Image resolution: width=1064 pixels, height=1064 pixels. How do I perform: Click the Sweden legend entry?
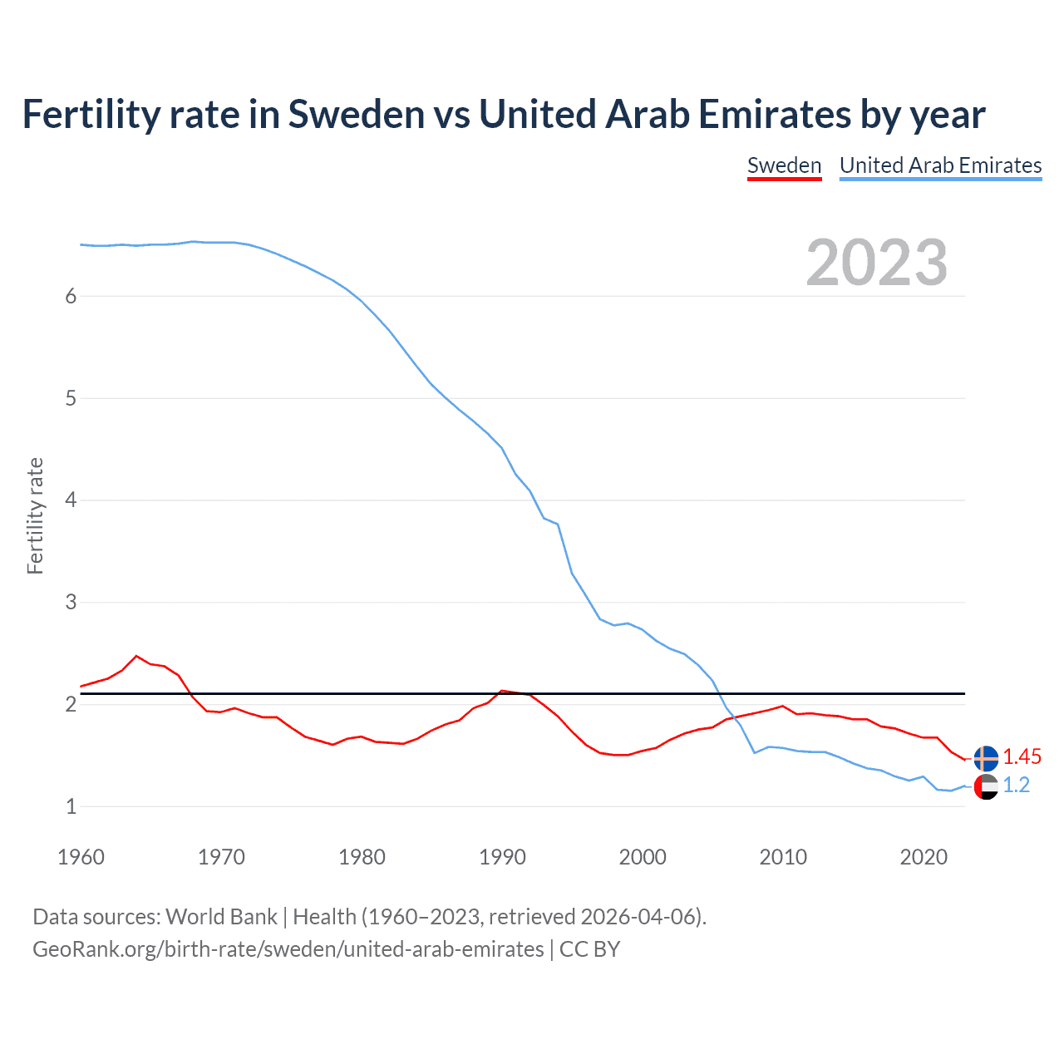point(784,165)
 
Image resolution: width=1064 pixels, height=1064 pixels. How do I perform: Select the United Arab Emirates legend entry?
point(940,165)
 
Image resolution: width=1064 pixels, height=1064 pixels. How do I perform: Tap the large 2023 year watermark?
point(877,263)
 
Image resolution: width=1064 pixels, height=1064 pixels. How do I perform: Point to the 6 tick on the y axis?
point(71,296)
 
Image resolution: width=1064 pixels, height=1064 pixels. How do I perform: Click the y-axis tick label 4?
point(71,500)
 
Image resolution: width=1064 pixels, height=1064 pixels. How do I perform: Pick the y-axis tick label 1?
point(71,806)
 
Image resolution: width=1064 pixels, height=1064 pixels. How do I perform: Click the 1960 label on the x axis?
point(81,857)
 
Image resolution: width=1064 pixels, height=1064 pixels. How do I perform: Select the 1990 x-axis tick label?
point(502,857)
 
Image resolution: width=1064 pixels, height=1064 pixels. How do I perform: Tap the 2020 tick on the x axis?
point(924,857)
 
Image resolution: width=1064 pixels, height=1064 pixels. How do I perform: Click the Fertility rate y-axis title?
point(35,515)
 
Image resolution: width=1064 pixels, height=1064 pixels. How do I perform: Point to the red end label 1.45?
point(1022,756)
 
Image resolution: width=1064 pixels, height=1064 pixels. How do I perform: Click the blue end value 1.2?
point(1016,785)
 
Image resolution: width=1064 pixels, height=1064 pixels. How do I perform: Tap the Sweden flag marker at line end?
point(986,758)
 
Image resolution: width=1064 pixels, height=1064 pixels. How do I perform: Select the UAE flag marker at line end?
point(986,786)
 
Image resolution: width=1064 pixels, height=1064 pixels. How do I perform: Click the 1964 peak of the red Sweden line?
point(137,656)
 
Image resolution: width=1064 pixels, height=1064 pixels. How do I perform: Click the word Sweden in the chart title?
point(357,114)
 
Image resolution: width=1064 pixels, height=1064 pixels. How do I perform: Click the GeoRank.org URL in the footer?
point(288,949)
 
